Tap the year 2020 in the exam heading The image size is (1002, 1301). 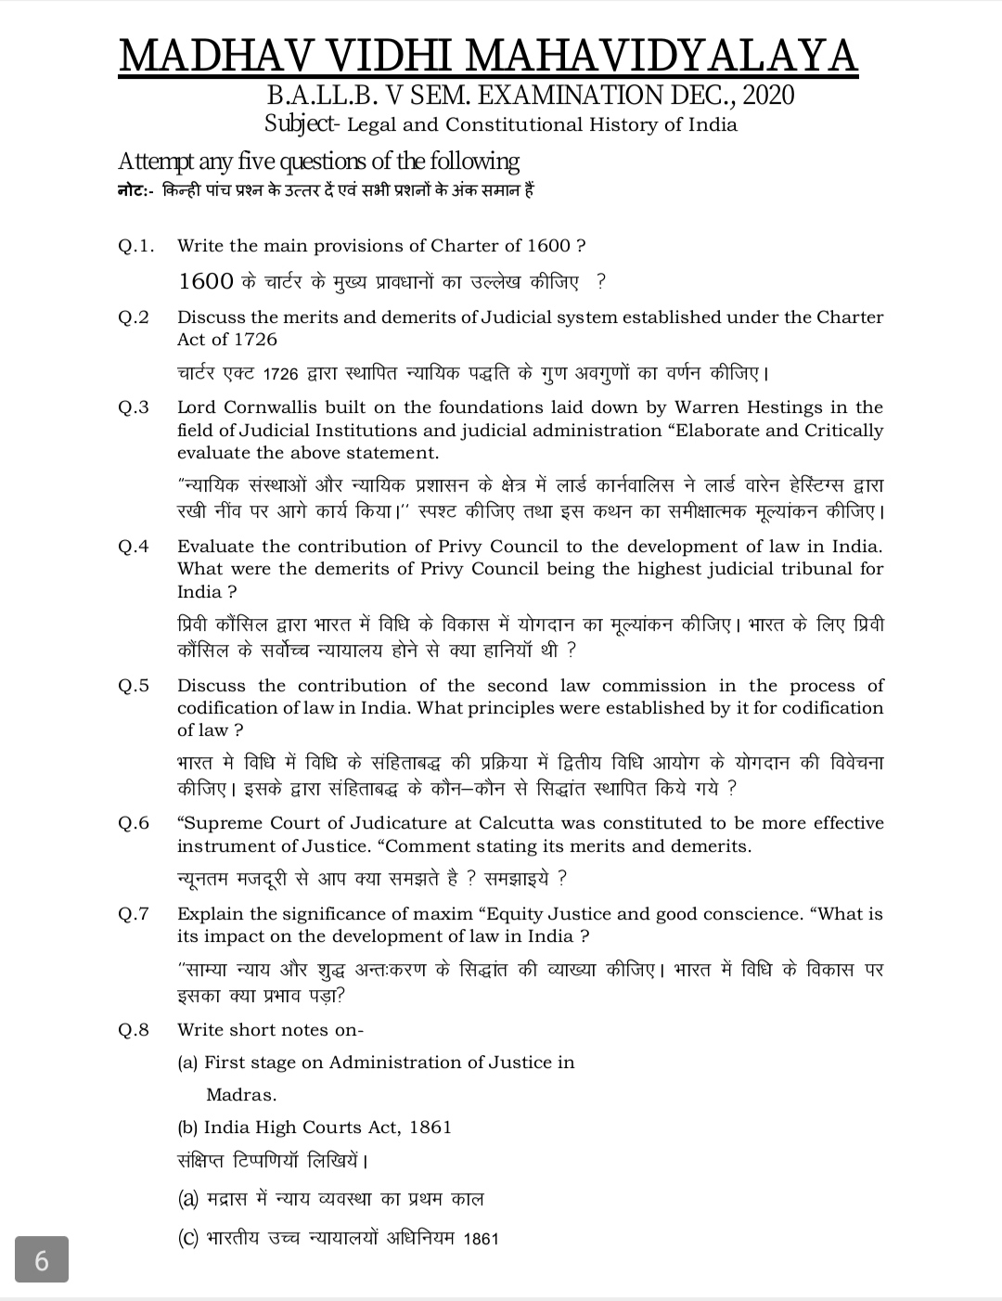click(768, 95)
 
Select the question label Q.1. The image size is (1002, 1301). click(135, 246)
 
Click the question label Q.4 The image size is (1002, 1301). click(134, 547)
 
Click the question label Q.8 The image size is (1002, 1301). click(134, 1030)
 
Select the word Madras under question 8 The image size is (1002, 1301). click(241, 1095)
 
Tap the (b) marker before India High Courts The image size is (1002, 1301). click(187, 1127)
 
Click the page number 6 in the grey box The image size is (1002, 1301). click(42, 1261)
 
